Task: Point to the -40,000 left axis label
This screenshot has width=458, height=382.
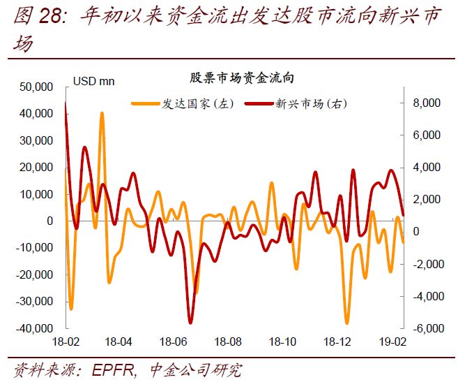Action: click(x=36, y=328)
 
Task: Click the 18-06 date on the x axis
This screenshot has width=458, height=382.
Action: click(x=174, y=342)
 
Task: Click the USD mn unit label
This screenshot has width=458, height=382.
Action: click(x=93, y=81)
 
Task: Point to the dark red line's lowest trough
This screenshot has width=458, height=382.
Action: click(x=190, y=323)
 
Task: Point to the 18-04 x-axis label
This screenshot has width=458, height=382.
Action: click(x=119, y=342)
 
